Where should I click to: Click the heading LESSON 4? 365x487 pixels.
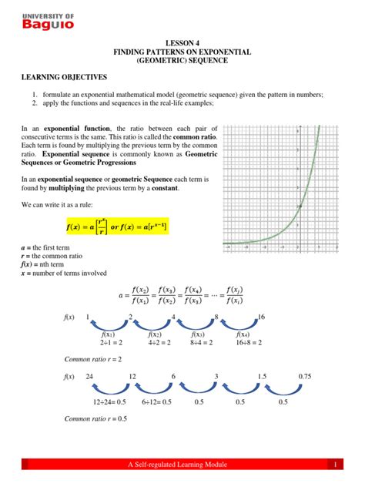(182, 45)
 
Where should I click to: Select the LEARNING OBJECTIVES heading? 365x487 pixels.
(65, 79)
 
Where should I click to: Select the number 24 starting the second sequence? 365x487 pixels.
(90, 376)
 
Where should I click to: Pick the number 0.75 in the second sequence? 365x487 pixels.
(305, 376)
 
